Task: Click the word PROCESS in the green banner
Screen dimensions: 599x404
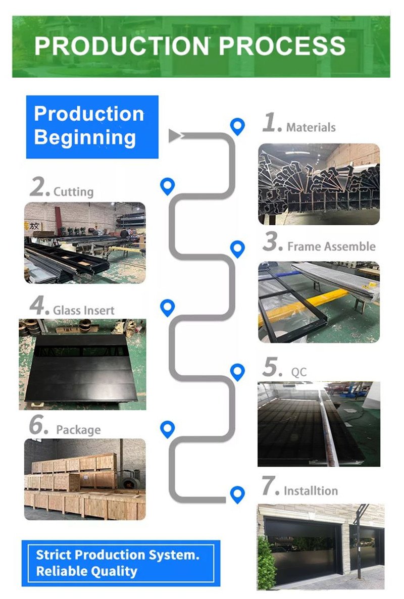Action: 282,46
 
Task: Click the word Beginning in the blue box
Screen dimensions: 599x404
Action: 85,137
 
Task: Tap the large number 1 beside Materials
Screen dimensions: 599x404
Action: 270,123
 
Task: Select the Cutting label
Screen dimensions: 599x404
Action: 74,192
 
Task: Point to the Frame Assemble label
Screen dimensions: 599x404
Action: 331,246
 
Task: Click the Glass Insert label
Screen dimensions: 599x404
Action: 84,310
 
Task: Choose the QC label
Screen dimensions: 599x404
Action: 299,373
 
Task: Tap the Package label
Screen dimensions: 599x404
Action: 78,430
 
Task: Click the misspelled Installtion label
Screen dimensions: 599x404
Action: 311,491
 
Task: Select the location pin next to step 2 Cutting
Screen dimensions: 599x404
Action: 167,186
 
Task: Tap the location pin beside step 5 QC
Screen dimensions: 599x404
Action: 237,372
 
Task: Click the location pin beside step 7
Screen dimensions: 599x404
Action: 237,494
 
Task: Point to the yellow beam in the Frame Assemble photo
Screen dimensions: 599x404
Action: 303,303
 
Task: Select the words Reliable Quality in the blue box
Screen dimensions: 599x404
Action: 86,571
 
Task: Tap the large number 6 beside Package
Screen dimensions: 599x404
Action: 38,426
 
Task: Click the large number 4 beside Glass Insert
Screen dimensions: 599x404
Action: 38,306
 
